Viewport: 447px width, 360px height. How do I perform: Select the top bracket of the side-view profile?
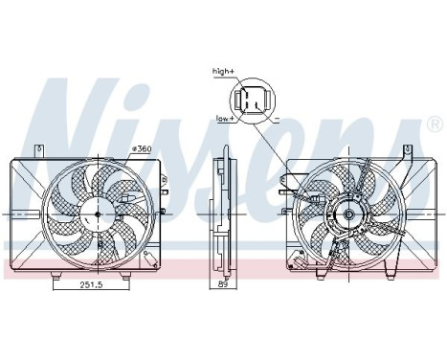click(x=224, y=150)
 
